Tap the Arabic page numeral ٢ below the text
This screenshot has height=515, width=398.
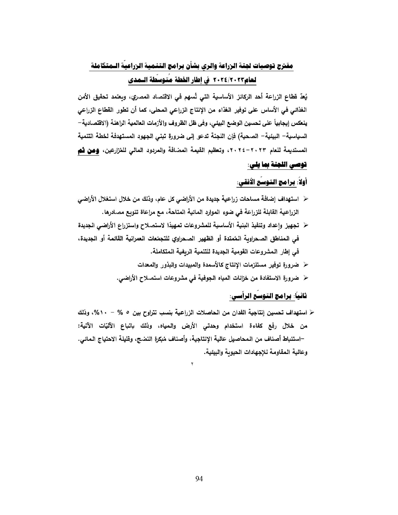point(192,364)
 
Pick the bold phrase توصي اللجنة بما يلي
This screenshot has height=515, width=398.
point(279,164)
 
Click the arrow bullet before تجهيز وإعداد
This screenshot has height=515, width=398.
point(306,225)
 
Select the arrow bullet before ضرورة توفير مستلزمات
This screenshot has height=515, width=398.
point(306,265)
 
